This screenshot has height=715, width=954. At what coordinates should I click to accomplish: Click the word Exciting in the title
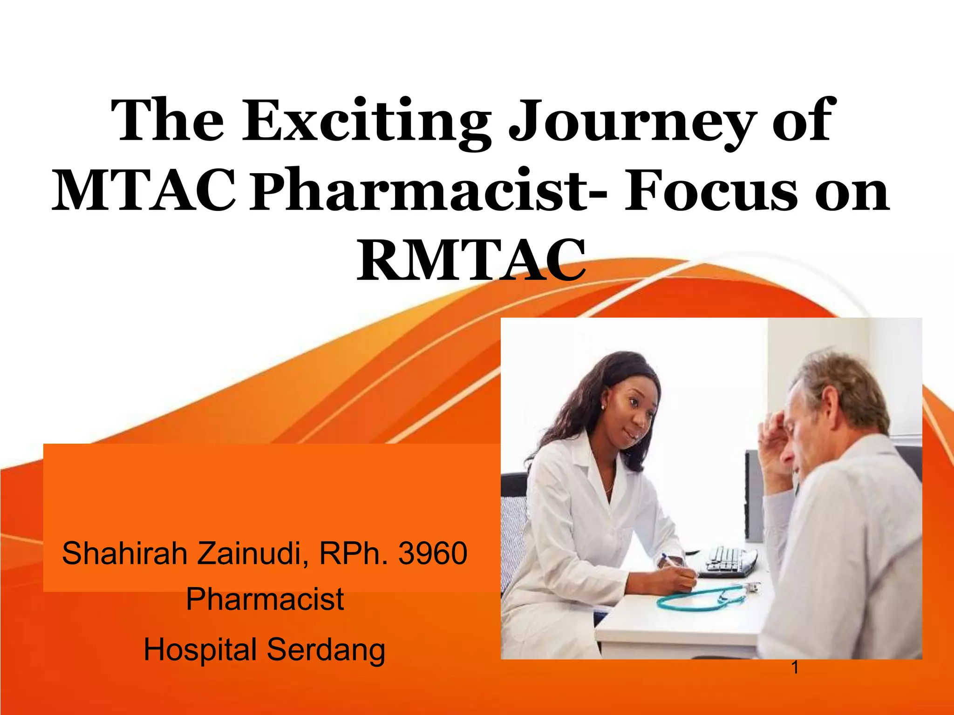(366, 122)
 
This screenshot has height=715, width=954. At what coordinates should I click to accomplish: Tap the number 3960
(433, 554)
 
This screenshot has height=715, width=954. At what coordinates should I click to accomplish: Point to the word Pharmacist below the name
(265, 599)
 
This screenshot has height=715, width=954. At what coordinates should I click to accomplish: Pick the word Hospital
(200, 650)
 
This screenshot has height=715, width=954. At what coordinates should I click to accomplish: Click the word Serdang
(326, 650)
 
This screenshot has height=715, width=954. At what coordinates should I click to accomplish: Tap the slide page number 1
(795, 668)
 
